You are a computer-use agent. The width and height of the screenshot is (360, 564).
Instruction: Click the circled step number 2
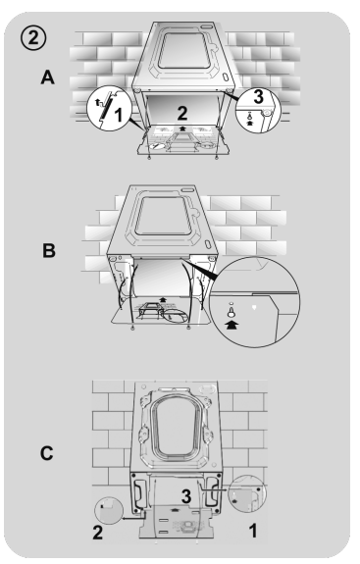point(33,38)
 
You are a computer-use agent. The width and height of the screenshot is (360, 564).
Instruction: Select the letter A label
point(47,77)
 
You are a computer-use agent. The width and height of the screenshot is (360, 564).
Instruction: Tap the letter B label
point(49,251)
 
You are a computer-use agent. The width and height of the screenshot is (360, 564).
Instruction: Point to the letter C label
point(47,453)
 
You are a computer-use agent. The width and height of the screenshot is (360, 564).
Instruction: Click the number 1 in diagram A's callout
point(119,115)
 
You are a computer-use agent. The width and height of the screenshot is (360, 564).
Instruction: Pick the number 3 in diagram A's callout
point(258,96)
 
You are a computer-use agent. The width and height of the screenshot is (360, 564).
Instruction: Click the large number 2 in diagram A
point(182,113)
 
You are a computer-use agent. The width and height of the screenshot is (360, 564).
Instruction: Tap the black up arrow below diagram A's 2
point(182,128)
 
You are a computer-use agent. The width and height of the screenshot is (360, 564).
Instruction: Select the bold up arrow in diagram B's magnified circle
point(231,326)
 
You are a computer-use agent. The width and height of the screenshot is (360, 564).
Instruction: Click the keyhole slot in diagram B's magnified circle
point(231,312)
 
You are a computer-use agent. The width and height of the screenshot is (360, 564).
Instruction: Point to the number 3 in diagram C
point(186,496)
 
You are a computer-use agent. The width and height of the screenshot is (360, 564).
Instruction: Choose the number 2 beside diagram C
point(97,533)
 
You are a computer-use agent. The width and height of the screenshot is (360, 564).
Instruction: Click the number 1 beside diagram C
point(253,531)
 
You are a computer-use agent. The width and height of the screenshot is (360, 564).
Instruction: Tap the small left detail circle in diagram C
point(109,510)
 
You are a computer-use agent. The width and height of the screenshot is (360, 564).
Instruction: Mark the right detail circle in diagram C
point(247,493)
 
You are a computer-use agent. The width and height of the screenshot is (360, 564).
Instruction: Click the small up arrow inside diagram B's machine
point(163,298)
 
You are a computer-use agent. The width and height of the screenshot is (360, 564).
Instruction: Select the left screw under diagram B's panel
point(132,328)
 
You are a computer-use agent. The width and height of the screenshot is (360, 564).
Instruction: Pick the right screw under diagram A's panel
point(216,158)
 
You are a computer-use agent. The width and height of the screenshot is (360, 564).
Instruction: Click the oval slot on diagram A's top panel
point(226,77)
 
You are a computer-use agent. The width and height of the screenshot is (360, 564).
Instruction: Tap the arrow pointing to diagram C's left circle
point(133,518)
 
